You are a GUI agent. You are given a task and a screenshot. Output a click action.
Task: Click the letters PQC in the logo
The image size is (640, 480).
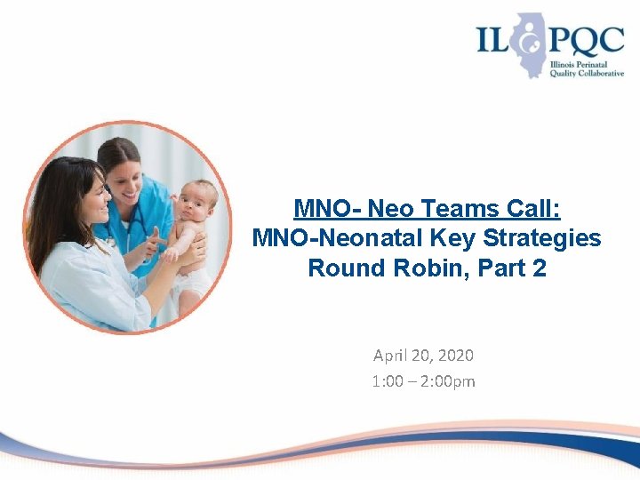tap(574, 41)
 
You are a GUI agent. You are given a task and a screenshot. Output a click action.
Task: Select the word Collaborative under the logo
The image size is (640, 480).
tap(595, 74)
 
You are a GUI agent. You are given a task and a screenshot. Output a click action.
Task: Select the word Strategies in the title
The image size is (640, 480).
tap(550, 238)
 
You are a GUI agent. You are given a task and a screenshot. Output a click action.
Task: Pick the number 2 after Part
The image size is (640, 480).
tap(538, 268)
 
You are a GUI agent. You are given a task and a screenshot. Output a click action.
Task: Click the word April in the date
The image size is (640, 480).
tap(389, 356)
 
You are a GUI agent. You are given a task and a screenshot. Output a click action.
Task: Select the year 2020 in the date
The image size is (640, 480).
tap(456, 356)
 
